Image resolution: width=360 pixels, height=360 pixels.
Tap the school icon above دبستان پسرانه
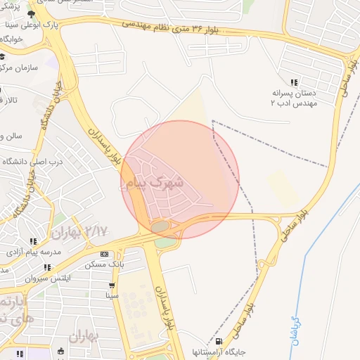click(293, 82)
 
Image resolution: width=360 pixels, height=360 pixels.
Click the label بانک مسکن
click(104, 265)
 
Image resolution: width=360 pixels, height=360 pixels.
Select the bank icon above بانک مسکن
click(104, 255)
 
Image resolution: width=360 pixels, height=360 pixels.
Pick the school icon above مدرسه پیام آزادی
click(34, 240)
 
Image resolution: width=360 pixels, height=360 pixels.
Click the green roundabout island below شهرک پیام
click(161, 226)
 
